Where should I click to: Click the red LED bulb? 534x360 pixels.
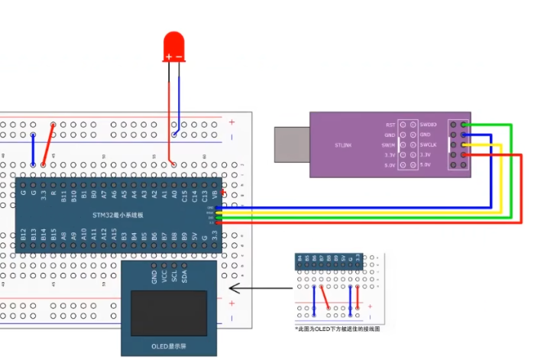173,47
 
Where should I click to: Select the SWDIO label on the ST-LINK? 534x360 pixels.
429,125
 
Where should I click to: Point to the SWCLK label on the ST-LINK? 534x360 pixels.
429,144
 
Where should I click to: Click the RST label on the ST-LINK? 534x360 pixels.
390,125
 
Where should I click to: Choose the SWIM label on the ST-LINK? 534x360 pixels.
389,144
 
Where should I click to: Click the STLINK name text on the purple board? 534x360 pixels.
343,144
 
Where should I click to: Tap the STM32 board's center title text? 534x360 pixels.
118,216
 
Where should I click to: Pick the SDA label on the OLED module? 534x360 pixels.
184,276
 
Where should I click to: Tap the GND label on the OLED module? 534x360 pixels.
154,276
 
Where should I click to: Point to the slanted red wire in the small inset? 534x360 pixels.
324,296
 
